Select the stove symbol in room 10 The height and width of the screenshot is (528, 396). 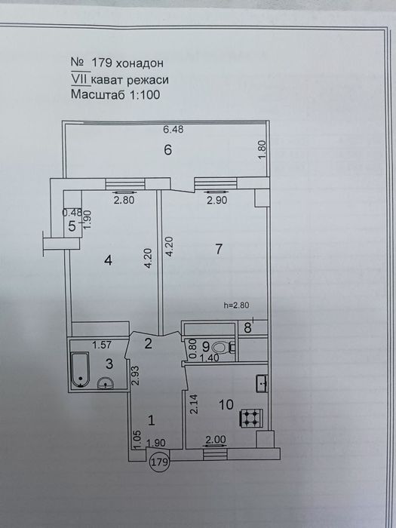pyautogui.click(x=250, y=416)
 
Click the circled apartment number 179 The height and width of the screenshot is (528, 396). pyautogui.click(x=159, y=461)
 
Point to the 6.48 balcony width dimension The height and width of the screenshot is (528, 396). pyautogui.click(x=173, y=130)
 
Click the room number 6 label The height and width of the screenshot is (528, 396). pyautogui.click(x=168, y=149)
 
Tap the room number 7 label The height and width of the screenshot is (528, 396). pyautogui.click(x=218, y=250)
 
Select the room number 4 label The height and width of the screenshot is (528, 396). pyautogui.click(x=109, y=260)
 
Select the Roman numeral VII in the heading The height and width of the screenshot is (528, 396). pyautogui.click(x=78, y=79)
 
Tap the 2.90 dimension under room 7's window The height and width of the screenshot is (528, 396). pyautogui.click(x=216, y=201)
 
